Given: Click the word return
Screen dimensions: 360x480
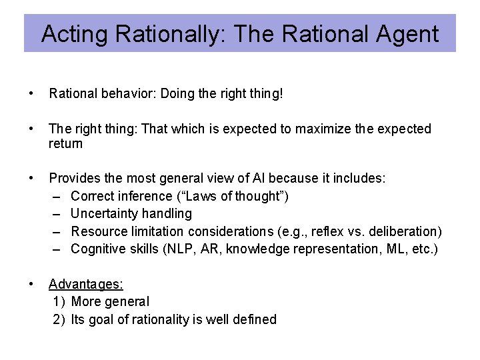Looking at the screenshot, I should [x=66, y=143].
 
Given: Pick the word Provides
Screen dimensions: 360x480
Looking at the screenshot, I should [x=73, y=179].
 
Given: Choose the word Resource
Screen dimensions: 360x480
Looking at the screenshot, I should [x=97, y=231].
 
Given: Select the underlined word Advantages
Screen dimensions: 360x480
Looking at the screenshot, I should [x=86, y=284].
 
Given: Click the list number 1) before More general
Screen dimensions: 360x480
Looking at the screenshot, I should [x=59, y=301].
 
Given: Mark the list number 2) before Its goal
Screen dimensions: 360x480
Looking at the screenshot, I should [x=59, y=319].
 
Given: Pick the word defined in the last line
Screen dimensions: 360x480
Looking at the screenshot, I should [x=255, y=319].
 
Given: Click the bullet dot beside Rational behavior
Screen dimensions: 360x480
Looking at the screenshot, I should [x=31, y=94].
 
